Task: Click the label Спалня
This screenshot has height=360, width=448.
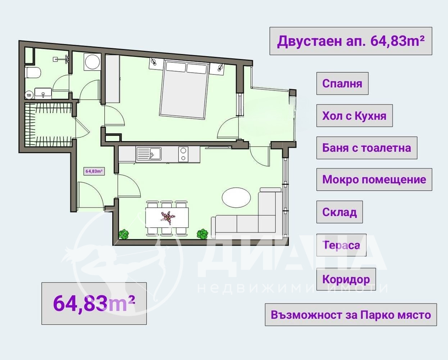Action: tap(342, 84)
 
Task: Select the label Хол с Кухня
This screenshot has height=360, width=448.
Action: tap(354, 116)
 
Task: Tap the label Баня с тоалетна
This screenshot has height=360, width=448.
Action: tap(366, 148)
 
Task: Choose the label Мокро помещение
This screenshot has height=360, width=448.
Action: tap(374, 179)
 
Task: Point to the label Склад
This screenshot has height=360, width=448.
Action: tap(339, 212)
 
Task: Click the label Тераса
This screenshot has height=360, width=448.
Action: tap(341, 245)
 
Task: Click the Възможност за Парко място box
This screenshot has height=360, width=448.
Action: tap(350, 315)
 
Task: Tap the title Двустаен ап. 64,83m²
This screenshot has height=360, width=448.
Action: tap(350, 41)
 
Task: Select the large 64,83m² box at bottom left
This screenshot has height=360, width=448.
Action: tap(94, 303)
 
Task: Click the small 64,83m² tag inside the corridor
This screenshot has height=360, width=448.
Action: tap(94, 171)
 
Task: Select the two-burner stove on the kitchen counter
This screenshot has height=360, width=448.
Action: tap(184, 154)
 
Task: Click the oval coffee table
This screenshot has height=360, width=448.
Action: tap(236, 197)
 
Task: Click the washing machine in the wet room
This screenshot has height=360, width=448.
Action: tap(92, 62)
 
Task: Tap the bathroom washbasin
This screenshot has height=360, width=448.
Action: tap(43, 93)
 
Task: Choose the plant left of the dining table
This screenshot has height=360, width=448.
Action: tap(124, 235)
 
